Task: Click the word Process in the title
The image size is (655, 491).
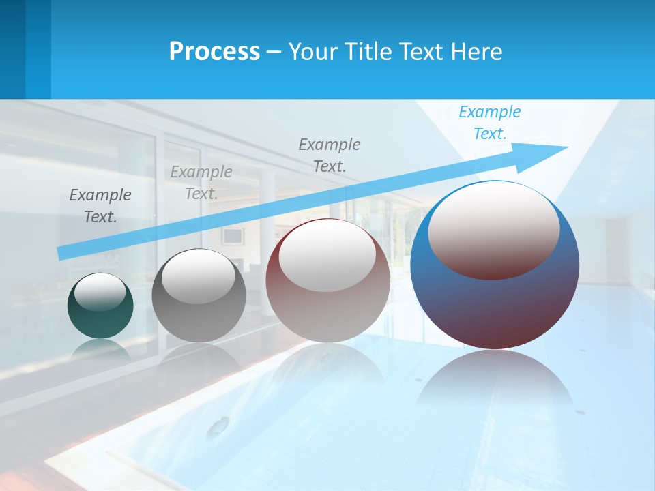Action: pyautogui.click(x=214, y=51)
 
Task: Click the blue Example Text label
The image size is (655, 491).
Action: pyautogui.click(x=490, y=123)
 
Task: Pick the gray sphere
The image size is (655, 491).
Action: pyautogui.click(x=199, y=321)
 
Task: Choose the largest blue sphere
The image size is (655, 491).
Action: pyautogui.click(x=495, y=307)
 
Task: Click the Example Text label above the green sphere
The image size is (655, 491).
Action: pyautogui.click(x=100, y=205)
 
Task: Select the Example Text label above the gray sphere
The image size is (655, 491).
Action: pyautogui.click(x=201, y=182)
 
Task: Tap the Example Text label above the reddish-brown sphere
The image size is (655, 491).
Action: pyautogui.click(x=330, y=155)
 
